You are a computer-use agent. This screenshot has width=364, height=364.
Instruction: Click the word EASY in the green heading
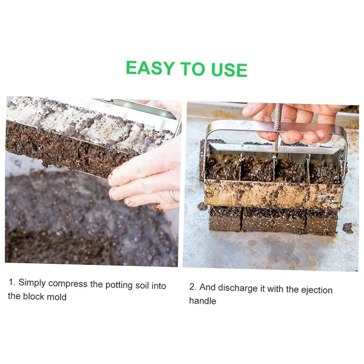(x=150, y=68)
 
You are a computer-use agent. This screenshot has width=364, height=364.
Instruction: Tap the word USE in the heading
(x=229, y=70)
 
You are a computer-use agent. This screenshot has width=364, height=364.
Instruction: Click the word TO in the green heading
(x=193, y=69)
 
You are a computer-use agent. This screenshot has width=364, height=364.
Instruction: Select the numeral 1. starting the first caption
(x=12, y=282)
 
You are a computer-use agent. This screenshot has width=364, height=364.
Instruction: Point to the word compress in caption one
(x=68, y=284)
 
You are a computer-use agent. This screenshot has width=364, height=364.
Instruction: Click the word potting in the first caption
(x=119, y=285)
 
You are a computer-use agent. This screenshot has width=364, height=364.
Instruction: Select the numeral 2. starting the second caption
(x=193, y=287)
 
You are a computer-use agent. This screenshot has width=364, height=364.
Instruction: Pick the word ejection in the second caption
(x=317, y=290)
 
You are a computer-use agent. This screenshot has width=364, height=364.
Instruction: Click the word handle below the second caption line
(x=202, y=301)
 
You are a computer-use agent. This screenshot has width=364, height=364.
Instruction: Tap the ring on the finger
(x=174, y=196)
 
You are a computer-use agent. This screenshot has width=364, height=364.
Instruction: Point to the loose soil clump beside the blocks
(x=348, y=228)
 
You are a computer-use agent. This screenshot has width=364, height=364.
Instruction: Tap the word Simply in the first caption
(x=32, y=283)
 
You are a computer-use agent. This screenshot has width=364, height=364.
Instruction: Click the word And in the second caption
(x=207, y=288)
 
